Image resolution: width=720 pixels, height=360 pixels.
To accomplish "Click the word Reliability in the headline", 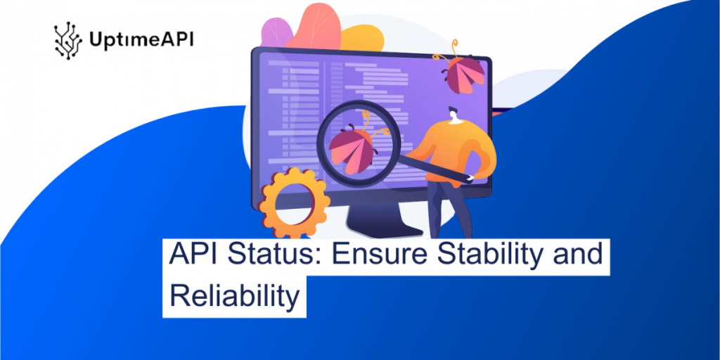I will coord(234,296).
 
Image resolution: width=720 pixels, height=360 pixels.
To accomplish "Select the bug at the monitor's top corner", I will coord(465,73).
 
